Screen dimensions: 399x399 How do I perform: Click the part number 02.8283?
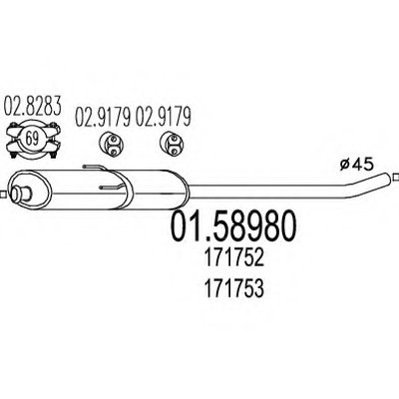click(x=33, y=107)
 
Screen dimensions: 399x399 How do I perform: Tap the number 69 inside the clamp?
click(x=32, y=139)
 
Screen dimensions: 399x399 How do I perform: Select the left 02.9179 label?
click(x=102, y=117)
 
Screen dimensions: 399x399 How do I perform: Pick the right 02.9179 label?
click(x=164, y=117)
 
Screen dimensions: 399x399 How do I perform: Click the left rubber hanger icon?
click(x=111, y=144)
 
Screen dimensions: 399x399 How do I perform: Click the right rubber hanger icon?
click(x=172, y=144)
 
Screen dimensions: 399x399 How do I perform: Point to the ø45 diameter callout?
click(x=357, y=165)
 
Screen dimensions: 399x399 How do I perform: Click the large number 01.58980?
click(x=233, y=226)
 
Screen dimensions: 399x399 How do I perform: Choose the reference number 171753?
click(x=234, y=288)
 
